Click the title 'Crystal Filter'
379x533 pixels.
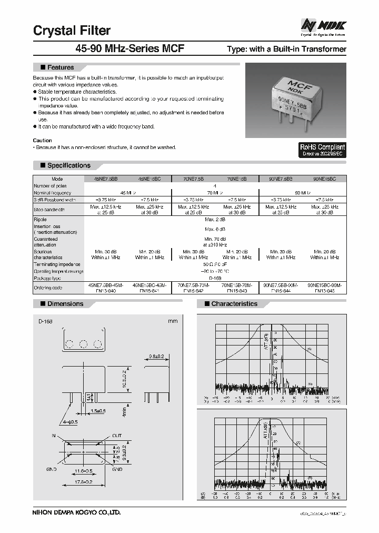(72, 31)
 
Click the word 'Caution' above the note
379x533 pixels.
(43, 141)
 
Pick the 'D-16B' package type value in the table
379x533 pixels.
(215, 278)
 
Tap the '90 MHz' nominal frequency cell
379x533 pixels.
(302, 193)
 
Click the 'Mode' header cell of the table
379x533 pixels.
(57, 179)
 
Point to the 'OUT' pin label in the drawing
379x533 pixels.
(117, 436)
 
